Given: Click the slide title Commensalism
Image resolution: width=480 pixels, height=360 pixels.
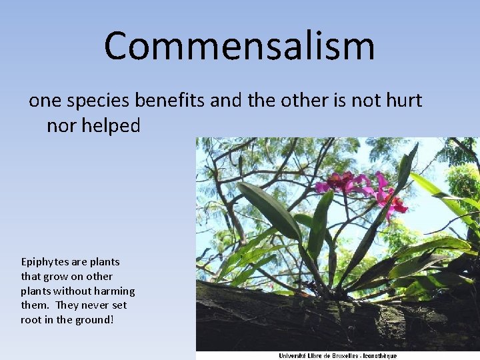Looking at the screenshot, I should pos(239,45).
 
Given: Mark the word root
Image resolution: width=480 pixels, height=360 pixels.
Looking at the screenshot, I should pos(31,320).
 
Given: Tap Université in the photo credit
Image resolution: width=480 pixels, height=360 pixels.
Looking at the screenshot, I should pos(294,355).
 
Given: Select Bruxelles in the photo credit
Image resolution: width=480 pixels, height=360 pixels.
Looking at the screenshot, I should pos(346,355).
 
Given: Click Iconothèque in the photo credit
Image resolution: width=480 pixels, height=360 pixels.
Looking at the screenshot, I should pos(381,355).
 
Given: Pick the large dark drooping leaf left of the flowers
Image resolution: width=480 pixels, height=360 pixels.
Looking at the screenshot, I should pos(271,211).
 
